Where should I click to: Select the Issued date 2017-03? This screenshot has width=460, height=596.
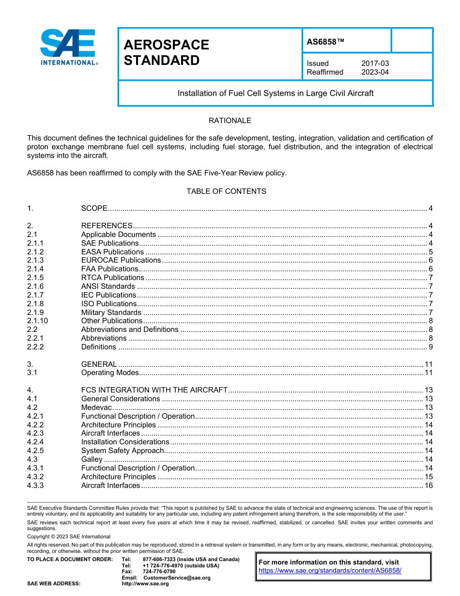[x=375, y=63]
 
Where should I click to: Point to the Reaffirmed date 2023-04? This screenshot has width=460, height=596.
[x=375, y=72]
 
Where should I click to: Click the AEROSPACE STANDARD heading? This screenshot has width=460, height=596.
[x=167, y=52]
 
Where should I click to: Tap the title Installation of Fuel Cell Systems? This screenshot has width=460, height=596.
[x=276, y=93]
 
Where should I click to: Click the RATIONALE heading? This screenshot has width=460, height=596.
[x=230, y=121]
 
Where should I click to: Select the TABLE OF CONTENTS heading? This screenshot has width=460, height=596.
[x=226, y=191]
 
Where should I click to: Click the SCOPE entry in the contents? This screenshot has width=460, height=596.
[x=94, y=208]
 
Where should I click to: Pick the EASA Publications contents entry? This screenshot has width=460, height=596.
[x=112, y=252]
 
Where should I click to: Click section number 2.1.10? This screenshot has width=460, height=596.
[x=37, y=321]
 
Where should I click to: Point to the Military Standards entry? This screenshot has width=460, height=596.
[x=111, y=313]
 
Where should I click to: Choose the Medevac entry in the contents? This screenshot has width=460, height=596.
[x=96, y=408]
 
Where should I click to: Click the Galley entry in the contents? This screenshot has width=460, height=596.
[x=92, y=459]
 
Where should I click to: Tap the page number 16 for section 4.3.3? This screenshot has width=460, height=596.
[x=428, y=486]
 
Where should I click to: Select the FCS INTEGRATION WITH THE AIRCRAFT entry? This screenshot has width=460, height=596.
[x=154, y=390]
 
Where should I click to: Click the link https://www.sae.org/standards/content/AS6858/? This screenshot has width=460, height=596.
[x=330, y=571]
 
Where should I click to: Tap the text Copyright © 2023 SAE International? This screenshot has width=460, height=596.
[x=69, y=536]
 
